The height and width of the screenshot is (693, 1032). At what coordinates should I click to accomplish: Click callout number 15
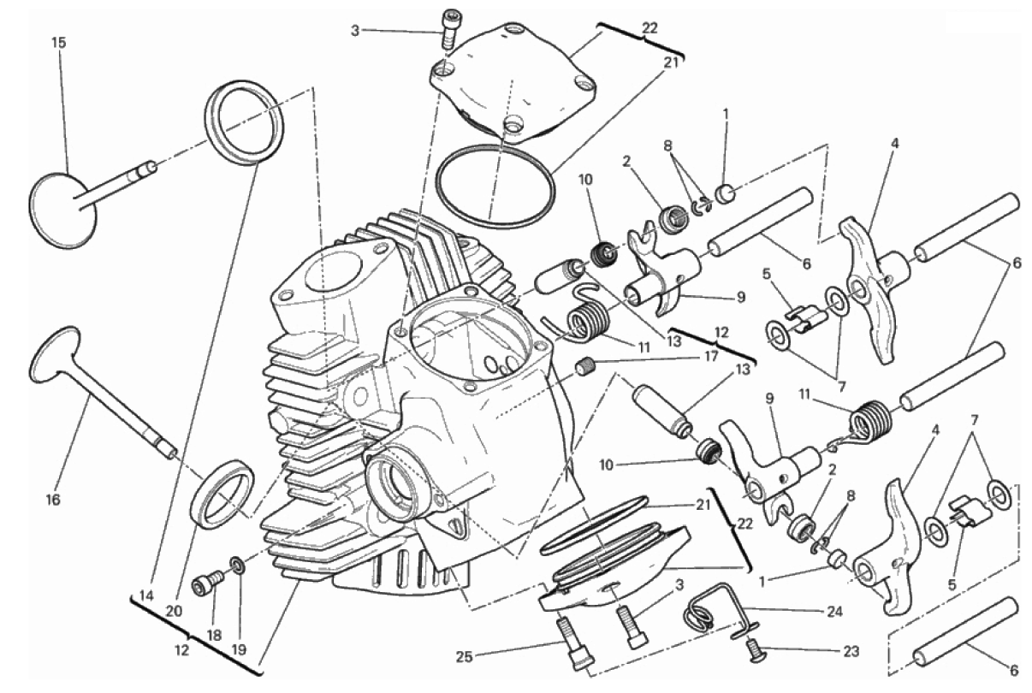click(59, 43)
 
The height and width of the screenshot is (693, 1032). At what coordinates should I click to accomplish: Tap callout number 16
click(53, 500)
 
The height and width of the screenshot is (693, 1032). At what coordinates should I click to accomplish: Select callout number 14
click(146, 596)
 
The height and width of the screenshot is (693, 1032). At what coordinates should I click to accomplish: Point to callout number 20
click(174, 611)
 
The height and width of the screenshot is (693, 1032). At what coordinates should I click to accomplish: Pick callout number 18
click(214, 636)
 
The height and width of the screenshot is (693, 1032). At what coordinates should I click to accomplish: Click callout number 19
click(239, 649)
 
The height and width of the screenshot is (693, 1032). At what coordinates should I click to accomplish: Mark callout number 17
click(711, 356)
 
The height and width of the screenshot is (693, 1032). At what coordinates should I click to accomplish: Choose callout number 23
click(851, 651)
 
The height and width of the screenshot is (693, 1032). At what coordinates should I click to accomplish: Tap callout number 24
click(833, 612)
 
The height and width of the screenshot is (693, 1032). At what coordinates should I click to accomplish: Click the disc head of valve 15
click(63, 210)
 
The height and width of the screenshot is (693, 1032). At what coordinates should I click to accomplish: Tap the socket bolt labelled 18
click(206, 582)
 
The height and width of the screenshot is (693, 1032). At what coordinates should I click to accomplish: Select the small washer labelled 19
click(238, 566)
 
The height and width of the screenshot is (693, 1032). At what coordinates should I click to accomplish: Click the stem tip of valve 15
click(151, 165)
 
